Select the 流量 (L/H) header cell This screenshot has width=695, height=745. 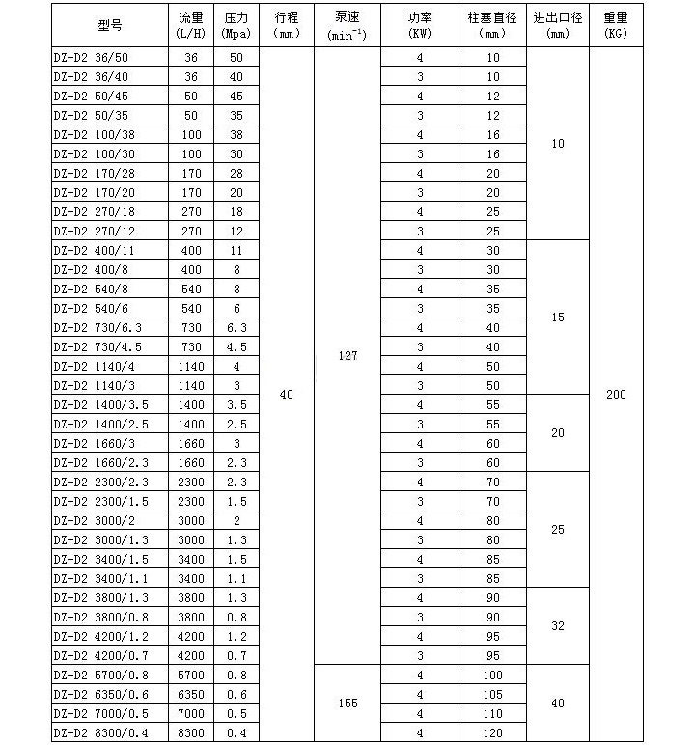point(191,26)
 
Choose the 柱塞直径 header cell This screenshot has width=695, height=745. point(493,26)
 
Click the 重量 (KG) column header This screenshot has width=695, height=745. point(616,26)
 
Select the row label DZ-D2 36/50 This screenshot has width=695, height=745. point(92,57)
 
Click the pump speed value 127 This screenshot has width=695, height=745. point(347,356)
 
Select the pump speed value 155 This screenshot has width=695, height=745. point(347,704)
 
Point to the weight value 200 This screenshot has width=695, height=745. point(616,395)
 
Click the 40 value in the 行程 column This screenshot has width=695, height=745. point(286,395)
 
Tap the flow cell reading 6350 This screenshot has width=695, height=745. point(191,694)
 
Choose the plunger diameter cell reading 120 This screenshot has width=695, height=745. point(493,732)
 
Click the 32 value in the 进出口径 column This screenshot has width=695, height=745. point(557,626)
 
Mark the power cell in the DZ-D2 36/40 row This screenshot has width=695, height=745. point(420,76)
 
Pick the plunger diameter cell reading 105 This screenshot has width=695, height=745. point(493,694)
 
